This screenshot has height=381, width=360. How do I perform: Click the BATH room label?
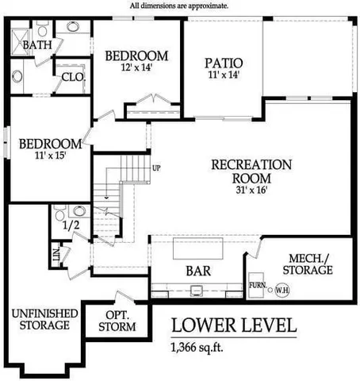pos(36,45)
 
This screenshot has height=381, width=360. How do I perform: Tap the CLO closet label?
pos(73,77)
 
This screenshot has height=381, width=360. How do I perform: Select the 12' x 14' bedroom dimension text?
pos(136,69)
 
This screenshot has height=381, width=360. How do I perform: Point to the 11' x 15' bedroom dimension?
pos(50,156)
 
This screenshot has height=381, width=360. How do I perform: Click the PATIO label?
pos(223,62)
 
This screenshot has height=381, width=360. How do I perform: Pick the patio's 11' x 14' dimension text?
pos(222,75)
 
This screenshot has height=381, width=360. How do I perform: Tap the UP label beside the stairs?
pos(156,168)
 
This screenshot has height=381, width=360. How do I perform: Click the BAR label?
pos(198,271)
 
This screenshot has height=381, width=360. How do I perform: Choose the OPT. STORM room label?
pos(122,320)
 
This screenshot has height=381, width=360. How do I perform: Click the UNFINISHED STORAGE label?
pos(44,319)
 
